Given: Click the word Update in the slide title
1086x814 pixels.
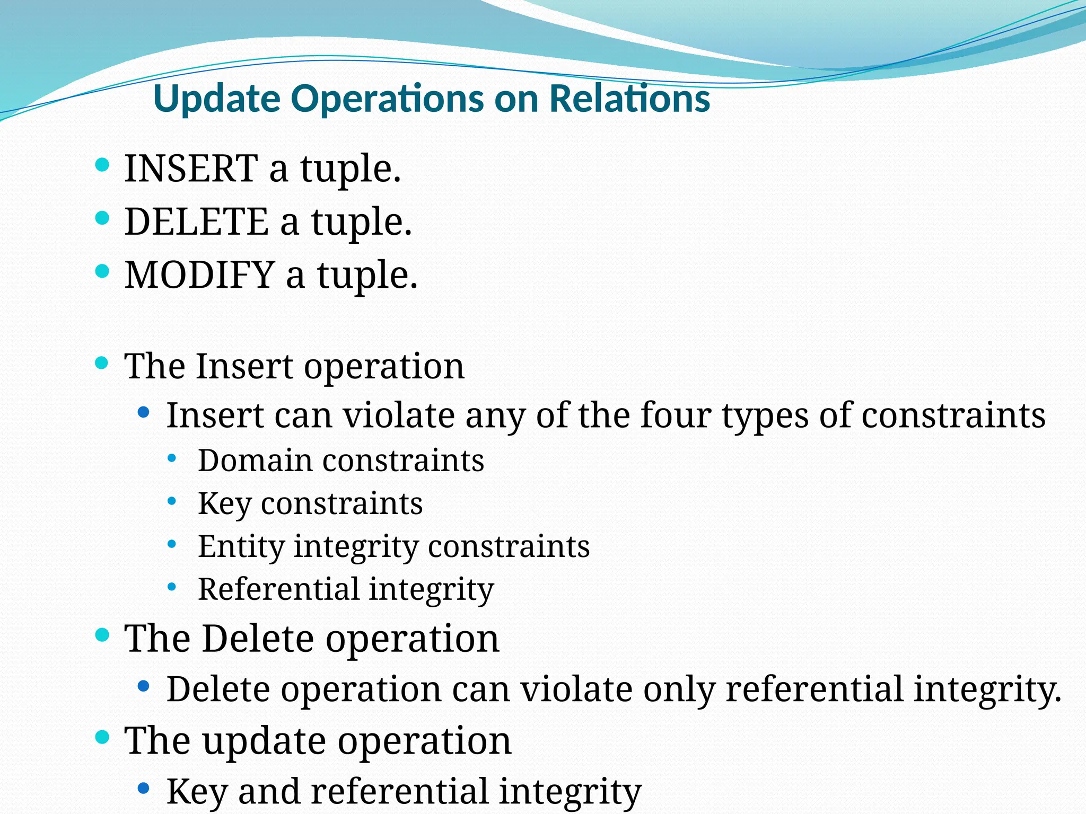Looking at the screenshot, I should pyautogui.click(x=216, y=99).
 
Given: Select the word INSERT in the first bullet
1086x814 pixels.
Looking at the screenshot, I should pyautogui.click(x=191, y=169).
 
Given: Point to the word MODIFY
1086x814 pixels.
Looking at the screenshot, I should pyautogui.click(x=199, y=275).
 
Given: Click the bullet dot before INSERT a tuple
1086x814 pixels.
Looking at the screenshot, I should pyautogui.click(x=102, y=165).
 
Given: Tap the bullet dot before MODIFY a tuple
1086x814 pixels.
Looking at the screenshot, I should pyautogui.click(x=102, y=271).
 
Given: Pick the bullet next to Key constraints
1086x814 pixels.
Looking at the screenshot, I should pyautogui.click(x=171, y=501).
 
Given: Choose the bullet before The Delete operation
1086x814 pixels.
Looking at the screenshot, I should pyautogui.click(x=102, y=634).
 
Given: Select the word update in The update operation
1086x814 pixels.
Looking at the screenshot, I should pyautogui.click(x=264, y=740).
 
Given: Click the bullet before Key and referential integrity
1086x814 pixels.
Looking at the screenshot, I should pyautogui.click(x=143, y=788).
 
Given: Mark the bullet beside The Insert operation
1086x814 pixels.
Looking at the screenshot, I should pyautogui.click(x=102, y=363).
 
